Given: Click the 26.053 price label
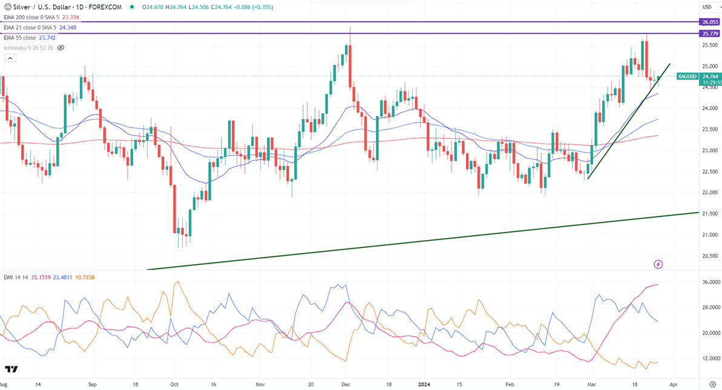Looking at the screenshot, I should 709,22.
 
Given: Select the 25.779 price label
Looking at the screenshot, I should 709,34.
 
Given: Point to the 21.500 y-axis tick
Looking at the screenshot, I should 709,213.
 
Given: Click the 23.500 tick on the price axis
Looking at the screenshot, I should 709,129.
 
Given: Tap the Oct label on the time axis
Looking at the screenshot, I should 174,384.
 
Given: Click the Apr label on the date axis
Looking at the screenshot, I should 674,384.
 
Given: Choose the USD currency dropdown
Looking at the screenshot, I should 707,7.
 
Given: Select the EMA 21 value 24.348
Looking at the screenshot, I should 67,28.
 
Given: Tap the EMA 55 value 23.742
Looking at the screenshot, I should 46,37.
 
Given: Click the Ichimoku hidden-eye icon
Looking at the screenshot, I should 61,48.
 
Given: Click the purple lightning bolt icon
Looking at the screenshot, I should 658,264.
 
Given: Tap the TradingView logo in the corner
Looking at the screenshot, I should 11,369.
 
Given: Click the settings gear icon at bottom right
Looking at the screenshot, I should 712,384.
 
